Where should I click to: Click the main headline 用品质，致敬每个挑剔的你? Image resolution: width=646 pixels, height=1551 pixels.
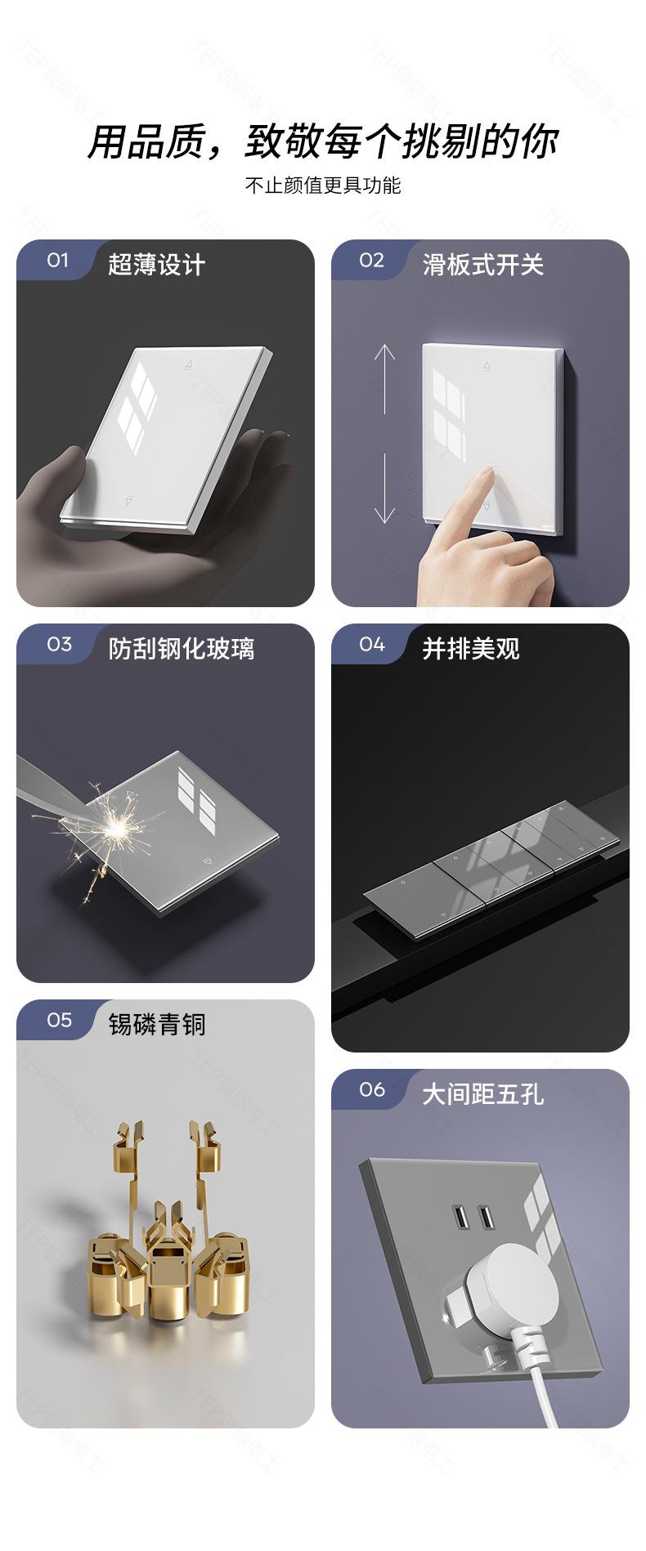323,141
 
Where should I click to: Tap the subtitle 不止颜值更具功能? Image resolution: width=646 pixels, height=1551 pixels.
323,185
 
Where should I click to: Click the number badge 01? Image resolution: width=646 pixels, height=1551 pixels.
57,260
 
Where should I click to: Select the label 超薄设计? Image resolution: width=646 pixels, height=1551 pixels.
156,265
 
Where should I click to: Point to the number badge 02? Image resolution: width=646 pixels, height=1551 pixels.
371,260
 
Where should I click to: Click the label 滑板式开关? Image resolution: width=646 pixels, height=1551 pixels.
482,265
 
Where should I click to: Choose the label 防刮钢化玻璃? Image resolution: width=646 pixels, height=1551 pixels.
181,649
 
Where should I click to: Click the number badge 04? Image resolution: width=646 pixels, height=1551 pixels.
372,644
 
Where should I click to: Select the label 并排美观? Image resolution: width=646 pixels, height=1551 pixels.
471,649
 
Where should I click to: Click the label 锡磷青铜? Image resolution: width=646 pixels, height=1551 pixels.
157,1025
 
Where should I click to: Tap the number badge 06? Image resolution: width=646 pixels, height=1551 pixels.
372,1089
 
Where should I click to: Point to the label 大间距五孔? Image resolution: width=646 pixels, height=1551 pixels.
482,1094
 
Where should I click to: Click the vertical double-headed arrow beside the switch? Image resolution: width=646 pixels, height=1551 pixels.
384,434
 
